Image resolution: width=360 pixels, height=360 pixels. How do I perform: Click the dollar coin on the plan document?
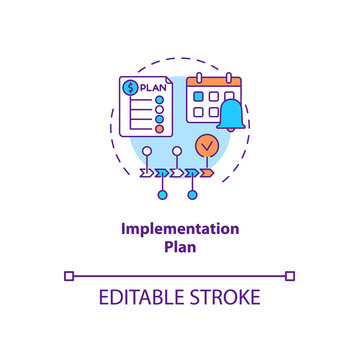(130, 88)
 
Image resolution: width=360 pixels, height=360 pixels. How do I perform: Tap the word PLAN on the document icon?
(153, 86)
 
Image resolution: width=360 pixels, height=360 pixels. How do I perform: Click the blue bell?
(231, 115)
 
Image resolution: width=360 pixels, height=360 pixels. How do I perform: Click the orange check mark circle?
(205, 145)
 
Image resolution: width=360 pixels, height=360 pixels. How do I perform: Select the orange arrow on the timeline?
(206, 173)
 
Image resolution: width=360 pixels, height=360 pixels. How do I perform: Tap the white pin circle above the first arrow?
(148, 153)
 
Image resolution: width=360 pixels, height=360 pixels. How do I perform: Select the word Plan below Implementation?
(180, 246)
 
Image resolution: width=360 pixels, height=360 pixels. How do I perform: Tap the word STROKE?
(226, 298)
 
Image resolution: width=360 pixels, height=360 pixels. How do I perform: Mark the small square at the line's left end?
(68, 275)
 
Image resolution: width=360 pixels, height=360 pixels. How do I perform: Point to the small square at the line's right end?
(290, 275)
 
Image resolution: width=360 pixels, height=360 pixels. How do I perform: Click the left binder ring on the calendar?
(200, 76)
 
